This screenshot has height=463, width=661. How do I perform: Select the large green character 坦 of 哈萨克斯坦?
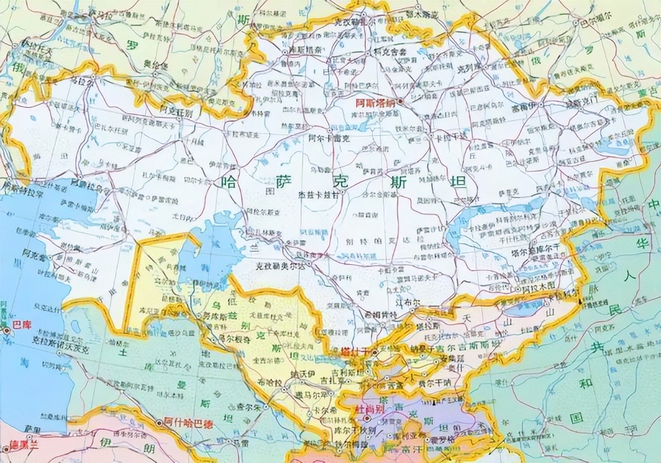pyautogui.click(x=458, y=182)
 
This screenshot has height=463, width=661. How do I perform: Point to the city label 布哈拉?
pyautogui.click(x=271, y=383)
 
